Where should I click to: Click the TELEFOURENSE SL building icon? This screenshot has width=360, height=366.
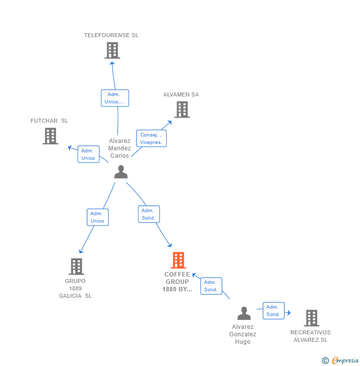(112, 50)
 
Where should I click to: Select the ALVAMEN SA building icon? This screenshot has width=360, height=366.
(182, 109)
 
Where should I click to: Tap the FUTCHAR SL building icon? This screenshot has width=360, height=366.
(50, 136)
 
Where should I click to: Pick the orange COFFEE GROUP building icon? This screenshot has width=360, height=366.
(179, 260)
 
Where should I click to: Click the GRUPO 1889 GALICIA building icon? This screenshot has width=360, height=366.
(77, 266)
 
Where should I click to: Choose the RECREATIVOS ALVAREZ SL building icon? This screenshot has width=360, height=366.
(312, 318)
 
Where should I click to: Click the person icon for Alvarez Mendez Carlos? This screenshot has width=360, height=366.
(121, 172)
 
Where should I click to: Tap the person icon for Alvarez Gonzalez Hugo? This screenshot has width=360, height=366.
(244, 313)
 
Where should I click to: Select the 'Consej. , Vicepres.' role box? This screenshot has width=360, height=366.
(151, 138)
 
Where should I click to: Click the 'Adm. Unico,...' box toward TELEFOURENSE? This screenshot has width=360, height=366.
(115, 98)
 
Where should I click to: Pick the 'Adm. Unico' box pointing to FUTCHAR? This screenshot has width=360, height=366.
(89, 154)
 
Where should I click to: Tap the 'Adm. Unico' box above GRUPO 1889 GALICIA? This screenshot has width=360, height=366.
(98, 217)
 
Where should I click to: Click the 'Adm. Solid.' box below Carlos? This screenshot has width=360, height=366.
(149, 214)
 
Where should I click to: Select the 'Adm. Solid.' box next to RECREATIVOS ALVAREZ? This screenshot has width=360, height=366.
(273, 311)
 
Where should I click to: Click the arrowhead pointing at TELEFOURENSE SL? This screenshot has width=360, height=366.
(112, 63)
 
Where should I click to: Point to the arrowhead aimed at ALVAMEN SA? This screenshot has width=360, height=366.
(170, 123)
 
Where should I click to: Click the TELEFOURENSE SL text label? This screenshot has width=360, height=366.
(111, 35)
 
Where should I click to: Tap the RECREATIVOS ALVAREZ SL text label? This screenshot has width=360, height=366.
(311, 336)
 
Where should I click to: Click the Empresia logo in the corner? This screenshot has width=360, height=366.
(340, 360)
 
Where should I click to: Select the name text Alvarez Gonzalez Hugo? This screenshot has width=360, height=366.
(243, 334)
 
